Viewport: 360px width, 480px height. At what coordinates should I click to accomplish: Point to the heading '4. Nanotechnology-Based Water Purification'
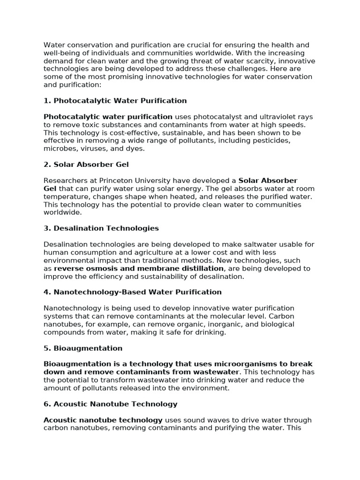click(x=133, y=292)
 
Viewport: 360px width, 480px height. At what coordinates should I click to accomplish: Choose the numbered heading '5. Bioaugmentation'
click(x=83, y=348)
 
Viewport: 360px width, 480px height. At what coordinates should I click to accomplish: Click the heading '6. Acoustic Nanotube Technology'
click(x=111, y=404)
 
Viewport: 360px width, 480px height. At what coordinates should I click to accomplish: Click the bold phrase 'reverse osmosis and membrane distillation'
click(x=139, y=269)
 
